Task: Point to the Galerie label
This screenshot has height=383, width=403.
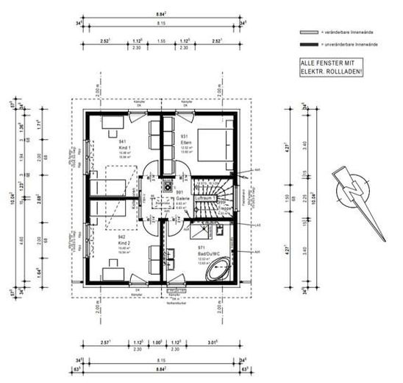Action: (x=180, y=201)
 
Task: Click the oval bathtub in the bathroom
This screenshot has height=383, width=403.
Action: (x=219, y=273)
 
